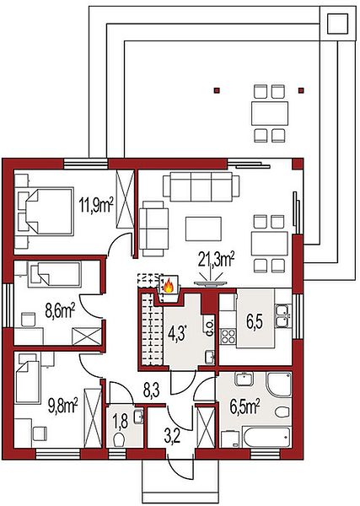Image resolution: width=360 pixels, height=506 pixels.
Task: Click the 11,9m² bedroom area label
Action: coord(96,206)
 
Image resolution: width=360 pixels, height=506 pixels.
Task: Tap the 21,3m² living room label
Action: coord(217,260)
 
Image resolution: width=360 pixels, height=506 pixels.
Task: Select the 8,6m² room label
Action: coord(60,311)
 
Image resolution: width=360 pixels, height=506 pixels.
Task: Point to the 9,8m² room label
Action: coord(63,406)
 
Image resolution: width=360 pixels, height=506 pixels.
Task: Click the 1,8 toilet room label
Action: coord(121,421)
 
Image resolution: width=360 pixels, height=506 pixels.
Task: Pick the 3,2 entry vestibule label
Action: coord(172,438)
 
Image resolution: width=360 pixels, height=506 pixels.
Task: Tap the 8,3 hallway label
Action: coord(152,390)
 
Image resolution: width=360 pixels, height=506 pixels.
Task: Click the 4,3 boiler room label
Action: coord(177,333)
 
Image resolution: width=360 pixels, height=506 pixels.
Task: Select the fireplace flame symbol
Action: coord(169,287)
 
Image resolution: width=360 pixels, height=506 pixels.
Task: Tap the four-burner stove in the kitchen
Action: coord(228,336)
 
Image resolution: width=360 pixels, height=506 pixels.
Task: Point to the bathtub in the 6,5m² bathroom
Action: coord(267,437)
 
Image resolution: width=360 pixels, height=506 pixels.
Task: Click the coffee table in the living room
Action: coord(203,229)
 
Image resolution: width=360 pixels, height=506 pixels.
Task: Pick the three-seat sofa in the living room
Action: coord(201,186)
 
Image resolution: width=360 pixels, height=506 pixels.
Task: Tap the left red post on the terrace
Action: coord(218,90)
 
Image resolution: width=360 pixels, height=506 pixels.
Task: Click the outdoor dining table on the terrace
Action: coord(269,114)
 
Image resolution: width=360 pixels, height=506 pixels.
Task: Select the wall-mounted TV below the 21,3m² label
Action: coord(210,283)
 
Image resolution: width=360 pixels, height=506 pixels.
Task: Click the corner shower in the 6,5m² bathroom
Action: coord(279,385)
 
